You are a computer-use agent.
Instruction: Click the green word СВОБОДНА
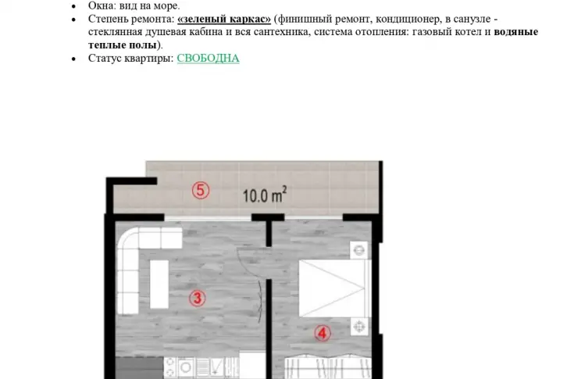click(208, 59)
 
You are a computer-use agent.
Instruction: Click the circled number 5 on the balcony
click(201, 191)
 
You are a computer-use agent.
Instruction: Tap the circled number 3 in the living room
click(198, 299)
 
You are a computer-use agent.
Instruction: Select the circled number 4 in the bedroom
click(323, 333)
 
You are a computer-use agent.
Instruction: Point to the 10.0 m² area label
click(265, 195)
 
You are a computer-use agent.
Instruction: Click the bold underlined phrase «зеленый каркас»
click(224, 19)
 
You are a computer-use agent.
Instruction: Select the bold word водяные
click(515, 32)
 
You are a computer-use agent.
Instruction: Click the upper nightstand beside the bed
click(358, 250)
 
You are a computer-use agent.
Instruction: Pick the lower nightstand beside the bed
click(359, 327)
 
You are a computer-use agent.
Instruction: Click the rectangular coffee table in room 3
click(159, 284)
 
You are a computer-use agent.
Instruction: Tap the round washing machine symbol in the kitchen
click(186, 368)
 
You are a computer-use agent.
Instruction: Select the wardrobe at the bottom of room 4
click(327, 366)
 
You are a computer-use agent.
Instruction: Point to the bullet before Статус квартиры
click(73, 59)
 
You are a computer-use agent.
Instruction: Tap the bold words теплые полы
click(122, 45)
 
